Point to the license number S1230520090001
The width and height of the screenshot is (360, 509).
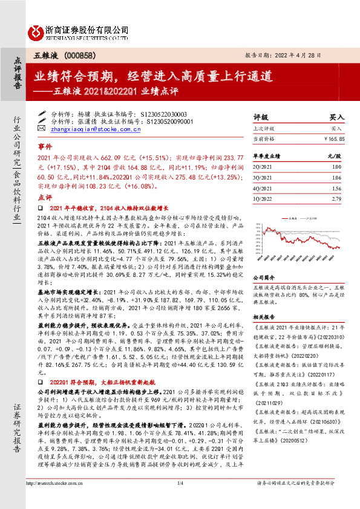[167, 121]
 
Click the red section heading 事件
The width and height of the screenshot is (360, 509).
[45, 147]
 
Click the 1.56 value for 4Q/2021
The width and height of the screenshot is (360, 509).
[336, 189]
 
